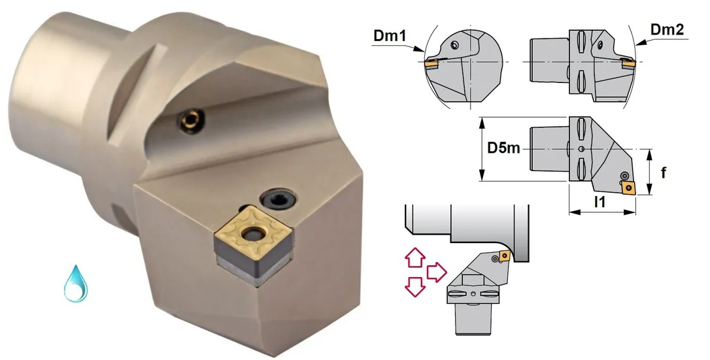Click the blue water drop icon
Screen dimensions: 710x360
76,284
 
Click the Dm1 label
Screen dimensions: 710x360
390,36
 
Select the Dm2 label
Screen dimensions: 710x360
667,29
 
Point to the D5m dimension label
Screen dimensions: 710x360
503,148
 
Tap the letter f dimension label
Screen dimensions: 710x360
664,172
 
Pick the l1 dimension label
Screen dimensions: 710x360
600,203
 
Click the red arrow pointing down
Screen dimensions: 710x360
414,287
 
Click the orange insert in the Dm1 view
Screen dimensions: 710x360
431,65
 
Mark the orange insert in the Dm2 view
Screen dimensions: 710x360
628,65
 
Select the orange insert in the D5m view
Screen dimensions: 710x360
628,188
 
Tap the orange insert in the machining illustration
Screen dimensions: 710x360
504,257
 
